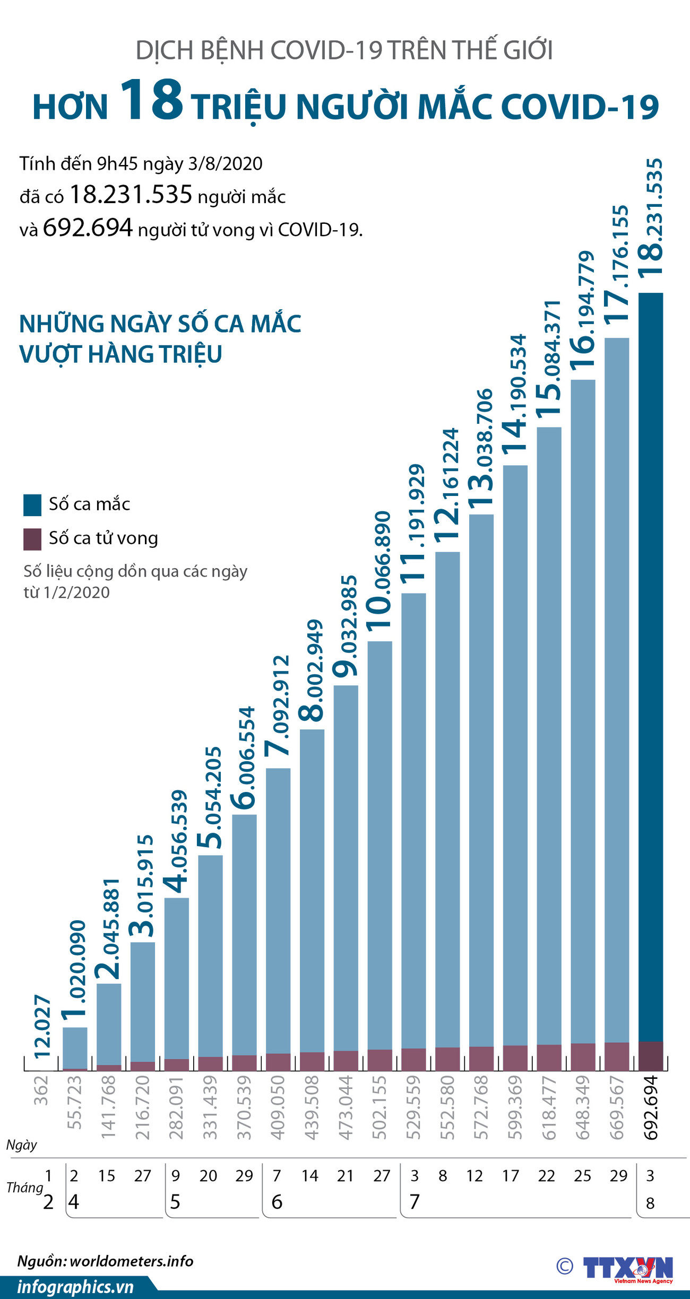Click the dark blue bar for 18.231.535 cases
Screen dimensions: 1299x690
point(650,663)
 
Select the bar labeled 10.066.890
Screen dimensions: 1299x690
point(379,849)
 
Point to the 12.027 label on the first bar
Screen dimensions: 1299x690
point(42,1027)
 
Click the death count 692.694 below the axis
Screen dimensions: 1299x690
point(651,1108)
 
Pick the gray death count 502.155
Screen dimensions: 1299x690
point(379,1108)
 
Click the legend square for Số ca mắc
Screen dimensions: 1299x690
point(32,505)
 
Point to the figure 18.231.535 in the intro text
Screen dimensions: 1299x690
point(131,195)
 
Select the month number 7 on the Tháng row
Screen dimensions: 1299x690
point(415,1202)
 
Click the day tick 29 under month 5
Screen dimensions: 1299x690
point(244,1176)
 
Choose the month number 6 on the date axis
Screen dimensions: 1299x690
point(277,1202)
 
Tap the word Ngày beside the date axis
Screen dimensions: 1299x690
point(22,1145)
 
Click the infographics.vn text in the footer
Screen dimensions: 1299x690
point(75,1287)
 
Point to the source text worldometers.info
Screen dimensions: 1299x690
point(131,1261)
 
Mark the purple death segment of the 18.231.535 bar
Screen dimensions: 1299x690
point(650,1056)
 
